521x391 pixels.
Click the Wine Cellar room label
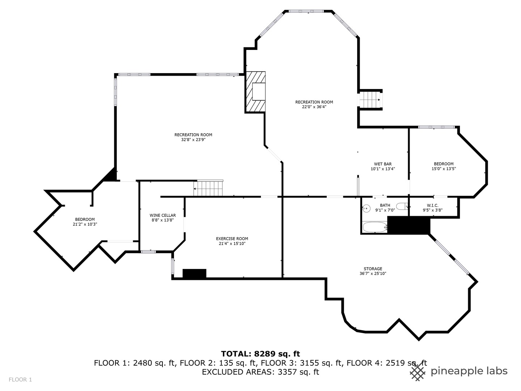(162, 215)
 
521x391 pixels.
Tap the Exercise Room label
(232, 239)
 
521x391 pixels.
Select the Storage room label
(373, 269)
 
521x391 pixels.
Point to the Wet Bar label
(382, 164)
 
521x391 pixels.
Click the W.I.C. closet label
(432, 205)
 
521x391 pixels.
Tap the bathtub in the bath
(374, 228)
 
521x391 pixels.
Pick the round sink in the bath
(367, 208)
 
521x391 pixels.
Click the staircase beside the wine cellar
(208, 189)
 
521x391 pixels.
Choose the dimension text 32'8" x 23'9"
(193, 139)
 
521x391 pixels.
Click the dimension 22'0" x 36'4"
(314, 107)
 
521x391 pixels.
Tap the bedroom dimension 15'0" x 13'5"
(444, 168)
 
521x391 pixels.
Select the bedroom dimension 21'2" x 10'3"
(85, 224)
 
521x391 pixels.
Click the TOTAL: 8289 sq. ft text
(260, 354)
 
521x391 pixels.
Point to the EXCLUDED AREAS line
(260, 372)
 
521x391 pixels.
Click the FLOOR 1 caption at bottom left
(21, 379)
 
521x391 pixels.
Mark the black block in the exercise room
(194, 273)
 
